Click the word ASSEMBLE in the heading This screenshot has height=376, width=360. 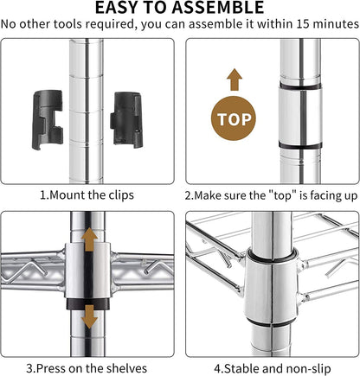coord(218,8)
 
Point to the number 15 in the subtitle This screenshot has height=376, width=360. coord(303,24)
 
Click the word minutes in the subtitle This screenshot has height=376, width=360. coord(336,24)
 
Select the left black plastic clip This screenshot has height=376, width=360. coord(48,119)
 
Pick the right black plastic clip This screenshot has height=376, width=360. coord(126,120)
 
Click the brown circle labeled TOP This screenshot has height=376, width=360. coord(234,118)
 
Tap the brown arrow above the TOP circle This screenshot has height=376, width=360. coord(235,80)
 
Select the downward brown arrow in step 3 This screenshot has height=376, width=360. coord(89,317)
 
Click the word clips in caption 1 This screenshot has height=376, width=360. coord(121,195)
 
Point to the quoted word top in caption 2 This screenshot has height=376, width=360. coord(283,195)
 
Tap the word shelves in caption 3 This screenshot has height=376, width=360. coord(126,368)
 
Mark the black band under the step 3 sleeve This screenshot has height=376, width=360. coord(88,304)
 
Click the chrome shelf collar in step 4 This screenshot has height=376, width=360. coord(271,288)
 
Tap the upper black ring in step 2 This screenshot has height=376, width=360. coord(300,86)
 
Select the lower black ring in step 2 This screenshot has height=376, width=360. coord(300,145)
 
